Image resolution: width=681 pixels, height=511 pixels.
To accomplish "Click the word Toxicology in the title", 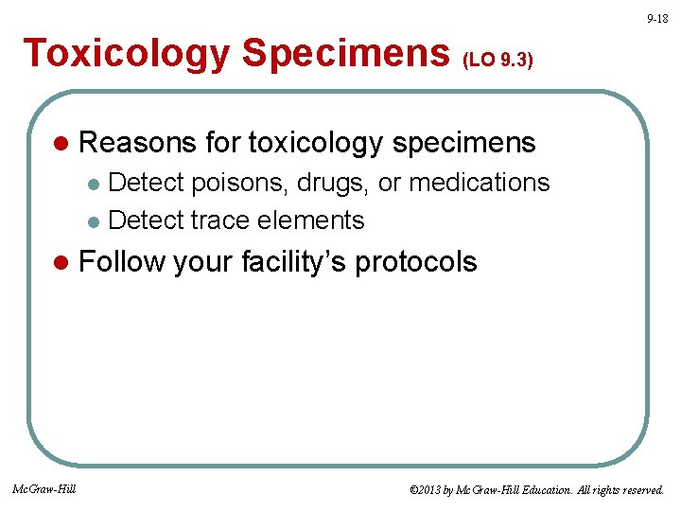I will tap(127, 54).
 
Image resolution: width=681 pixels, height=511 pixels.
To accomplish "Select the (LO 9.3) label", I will tap(498, 61).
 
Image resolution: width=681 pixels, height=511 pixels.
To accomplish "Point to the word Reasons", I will tap(138, 143).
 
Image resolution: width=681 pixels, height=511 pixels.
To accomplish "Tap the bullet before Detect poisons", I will tap(93, 183).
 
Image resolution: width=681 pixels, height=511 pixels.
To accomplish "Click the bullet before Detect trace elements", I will tap(93, 221).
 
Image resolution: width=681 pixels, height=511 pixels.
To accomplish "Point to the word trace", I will tap(223, 220).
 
